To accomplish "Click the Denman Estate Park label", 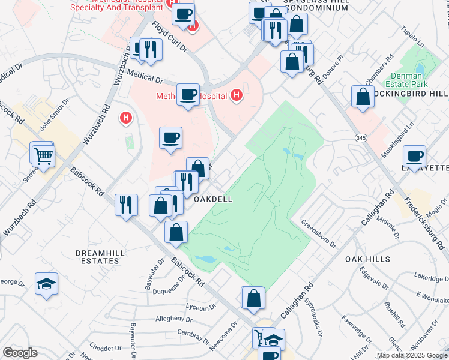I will coord(408,80).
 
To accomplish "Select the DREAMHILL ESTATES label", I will coord(100,257).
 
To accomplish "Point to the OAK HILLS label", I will coord(368,259).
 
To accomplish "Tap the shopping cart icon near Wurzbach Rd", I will coord(43,157).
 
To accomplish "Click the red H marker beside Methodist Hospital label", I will coord(237,95).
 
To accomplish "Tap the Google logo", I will coord(20,353).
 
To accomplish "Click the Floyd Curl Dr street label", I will coord(170,36).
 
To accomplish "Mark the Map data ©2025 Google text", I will coord(412,355).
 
